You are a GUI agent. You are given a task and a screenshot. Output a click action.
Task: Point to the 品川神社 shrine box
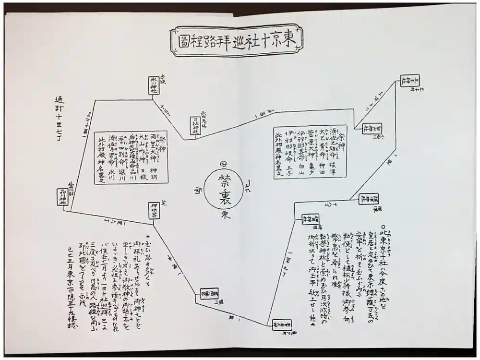(63, 197)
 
